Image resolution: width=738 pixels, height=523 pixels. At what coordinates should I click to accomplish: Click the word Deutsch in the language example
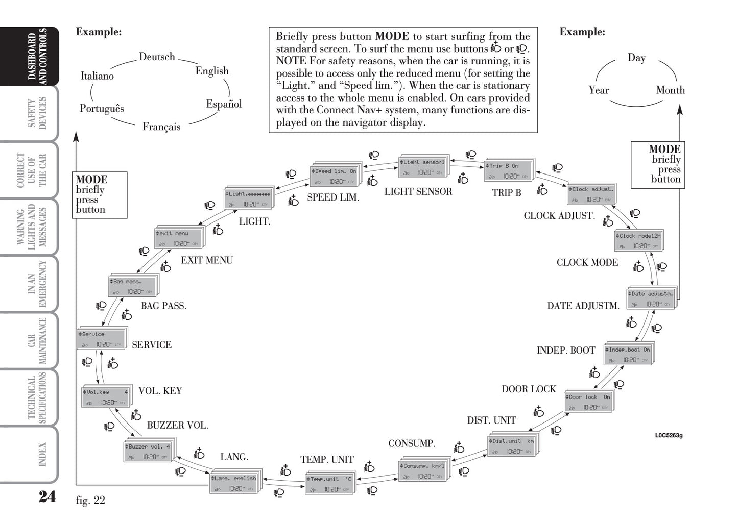[x=157, y=57]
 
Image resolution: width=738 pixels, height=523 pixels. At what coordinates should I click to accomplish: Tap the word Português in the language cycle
[x=102, y=108]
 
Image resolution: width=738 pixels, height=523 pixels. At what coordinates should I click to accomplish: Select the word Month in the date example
[x=670, y=90]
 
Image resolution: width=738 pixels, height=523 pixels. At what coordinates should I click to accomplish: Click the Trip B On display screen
[x=508, y=170]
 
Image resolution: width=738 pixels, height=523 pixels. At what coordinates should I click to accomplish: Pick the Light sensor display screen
[x=422, y=167]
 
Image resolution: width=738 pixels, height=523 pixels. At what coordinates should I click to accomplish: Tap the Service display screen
[x=101, y=339]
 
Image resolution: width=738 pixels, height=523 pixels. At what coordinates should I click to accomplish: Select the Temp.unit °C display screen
[x=329, y=484]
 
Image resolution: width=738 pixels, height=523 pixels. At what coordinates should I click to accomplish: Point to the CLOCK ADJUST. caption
[x=559, y=215]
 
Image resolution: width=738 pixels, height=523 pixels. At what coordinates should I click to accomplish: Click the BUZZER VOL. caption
[x=178, y=425]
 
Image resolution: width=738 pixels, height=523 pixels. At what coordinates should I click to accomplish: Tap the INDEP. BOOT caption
[x=566, y=351]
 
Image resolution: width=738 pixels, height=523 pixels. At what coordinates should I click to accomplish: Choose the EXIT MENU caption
[x=206, y=260]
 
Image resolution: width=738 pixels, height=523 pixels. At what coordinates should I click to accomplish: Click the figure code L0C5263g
[x=669, y=435]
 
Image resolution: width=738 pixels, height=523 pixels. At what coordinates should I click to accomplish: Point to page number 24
[x=47, y=496]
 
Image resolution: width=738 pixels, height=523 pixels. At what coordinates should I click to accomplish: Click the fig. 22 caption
[x=90, y=500]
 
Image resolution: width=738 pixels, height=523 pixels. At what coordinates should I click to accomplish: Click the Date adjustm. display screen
[x=651, y=298]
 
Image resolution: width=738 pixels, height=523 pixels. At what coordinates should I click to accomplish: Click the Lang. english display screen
[x=233, y=483]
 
